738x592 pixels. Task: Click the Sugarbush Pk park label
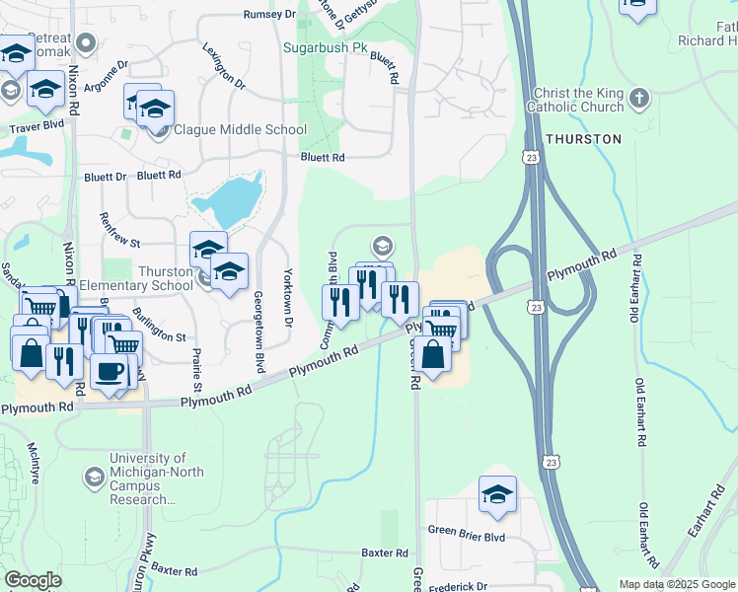click(325, 46)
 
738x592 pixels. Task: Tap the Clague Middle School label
click(240, 129)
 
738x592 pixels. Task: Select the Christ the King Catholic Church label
click(575, 100)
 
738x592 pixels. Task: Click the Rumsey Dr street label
click(269, 15)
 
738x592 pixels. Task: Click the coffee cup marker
click(109, 371)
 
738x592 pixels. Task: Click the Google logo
click(34, 580)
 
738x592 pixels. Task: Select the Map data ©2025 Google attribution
click(676, 584)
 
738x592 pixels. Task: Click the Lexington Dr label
click(224, 66)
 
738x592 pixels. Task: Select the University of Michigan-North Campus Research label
click(156, 479)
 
